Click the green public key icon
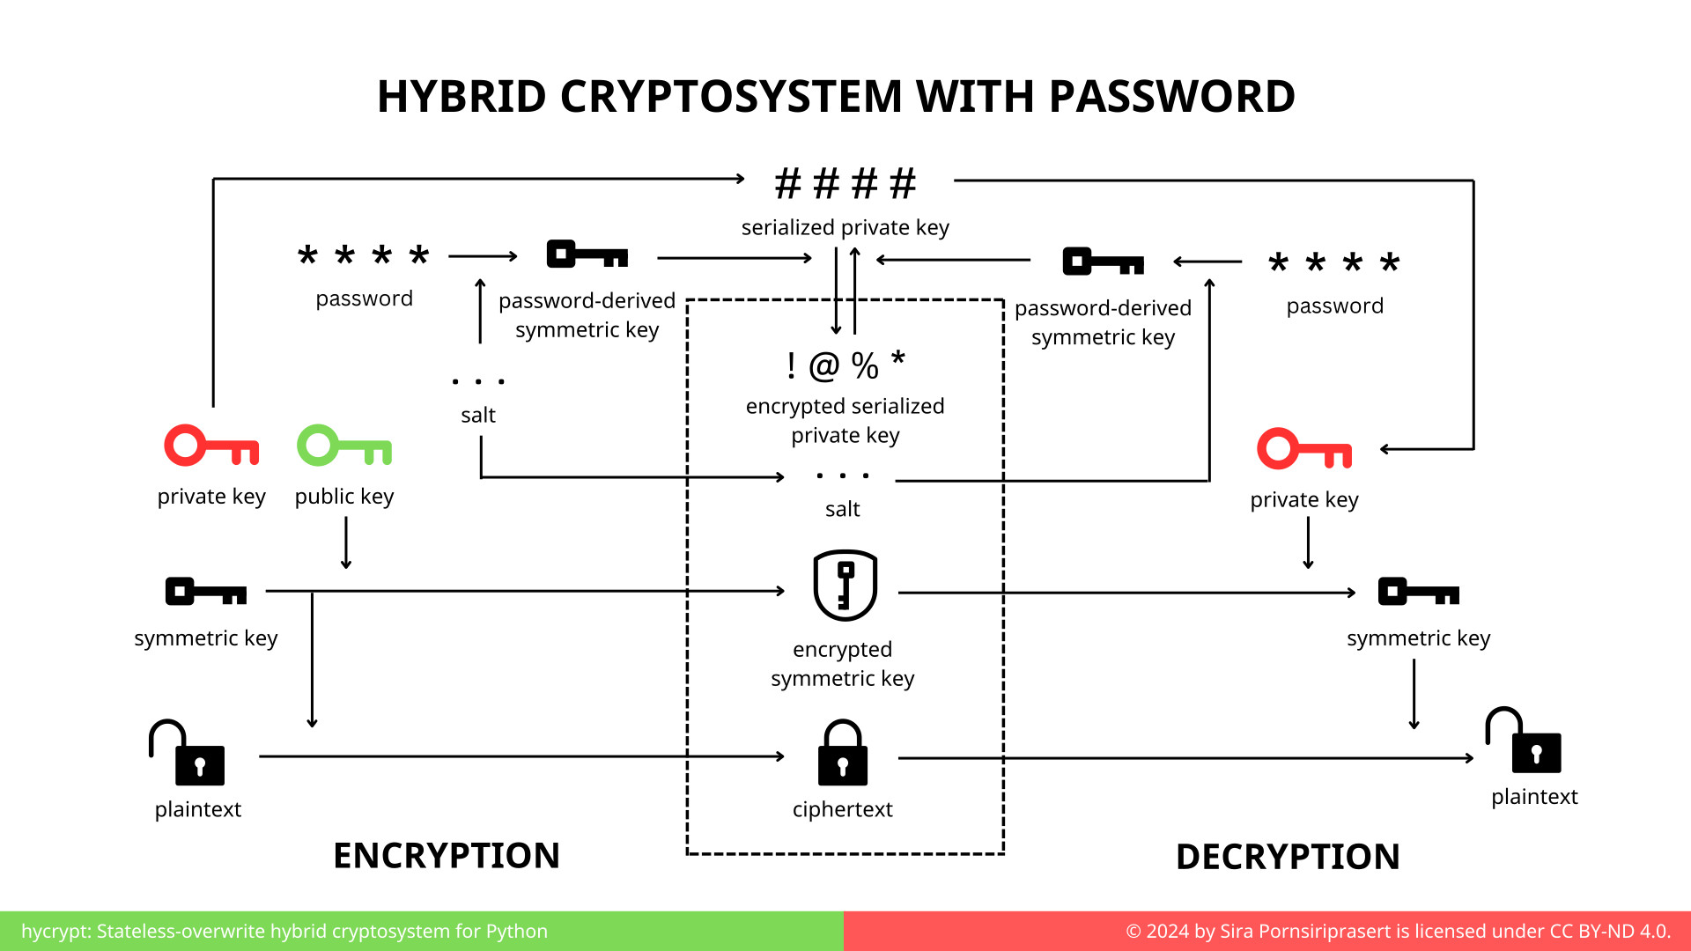[343, 446]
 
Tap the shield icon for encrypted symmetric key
[845, 586]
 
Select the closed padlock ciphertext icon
[843, 754]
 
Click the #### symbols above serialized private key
[845, 184]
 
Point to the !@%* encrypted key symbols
[845, 365]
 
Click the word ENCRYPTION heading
[446, 856]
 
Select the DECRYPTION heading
[1287, 857]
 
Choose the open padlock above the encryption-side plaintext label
[187, 754]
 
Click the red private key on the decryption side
[1303, 449]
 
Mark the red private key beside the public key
[211, 446]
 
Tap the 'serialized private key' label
[845, 227]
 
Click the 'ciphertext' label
[842, 809]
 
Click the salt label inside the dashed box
[842, 509]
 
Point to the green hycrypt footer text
[284, 931]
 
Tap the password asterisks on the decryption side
[1333, 262]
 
